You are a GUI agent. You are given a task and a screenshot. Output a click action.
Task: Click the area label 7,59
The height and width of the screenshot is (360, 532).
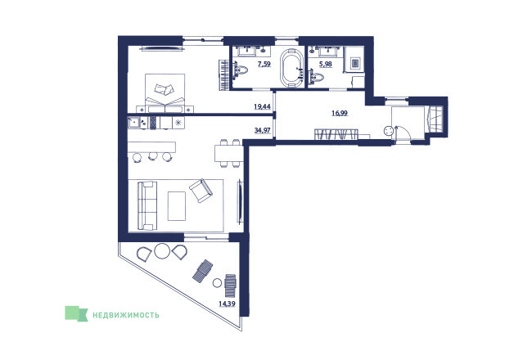tap(264, 64)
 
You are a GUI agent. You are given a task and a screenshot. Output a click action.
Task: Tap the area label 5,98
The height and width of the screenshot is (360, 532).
tap(326, 64)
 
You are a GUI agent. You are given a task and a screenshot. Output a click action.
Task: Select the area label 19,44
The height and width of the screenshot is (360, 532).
tap(262, 106)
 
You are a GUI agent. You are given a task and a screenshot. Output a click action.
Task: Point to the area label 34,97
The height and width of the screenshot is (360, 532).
tap(262, 130)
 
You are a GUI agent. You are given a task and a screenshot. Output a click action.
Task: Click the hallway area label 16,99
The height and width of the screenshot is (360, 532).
tap(340, 113)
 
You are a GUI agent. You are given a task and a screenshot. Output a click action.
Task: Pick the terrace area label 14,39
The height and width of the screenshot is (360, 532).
tap(227, 304)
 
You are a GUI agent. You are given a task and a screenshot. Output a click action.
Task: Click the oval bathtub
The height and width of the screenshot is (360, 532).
tap(292, 68)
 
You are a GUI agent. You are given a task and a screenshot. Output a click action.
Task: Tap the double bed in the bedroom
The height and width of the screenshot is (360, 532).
tap(165, 92)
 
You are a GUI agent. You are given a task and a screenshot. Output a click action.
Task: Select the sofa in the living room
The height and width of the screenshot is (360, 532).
tap(147, 205)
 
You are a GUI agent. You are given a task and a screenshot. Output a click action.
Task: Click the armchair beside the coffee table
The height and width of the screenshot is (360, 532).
tap(201, 191)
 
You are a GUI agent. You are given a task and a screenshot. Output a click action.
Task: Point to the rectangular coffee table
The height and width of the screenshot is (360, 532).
tap(177, 206)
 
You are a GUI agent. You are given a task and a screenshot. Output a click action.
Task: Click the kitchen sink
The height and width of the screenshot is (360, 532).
tap(133, 123)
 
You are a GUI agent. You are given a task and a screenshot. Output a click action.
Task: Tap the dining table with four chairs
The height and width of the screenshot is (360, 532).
tap(228, 153)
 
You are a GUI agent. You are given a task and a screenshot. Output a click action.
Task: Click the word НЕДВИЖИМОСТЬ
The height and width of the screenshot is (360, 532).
tap(126, 315)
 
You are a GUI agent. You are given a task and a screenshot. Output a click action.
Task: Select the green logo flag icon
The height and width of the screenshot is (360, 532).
tap(76, 313)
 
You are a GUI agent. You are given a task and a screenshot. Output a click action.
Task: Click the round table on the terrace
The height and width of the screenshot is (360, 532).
tap(162, 250)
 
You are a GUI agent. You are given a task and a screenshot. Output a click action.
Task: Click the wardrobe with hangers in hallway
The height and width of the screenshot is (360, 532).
tap(336, 133)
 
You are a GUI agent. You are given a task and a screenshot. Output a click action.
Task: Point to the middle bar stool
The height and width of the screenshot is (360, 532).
tap(152, 156)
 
